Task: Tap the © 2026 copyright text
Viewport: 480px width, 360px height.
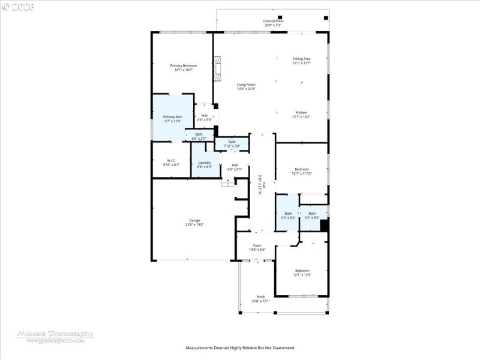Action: tap(18, 7)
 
